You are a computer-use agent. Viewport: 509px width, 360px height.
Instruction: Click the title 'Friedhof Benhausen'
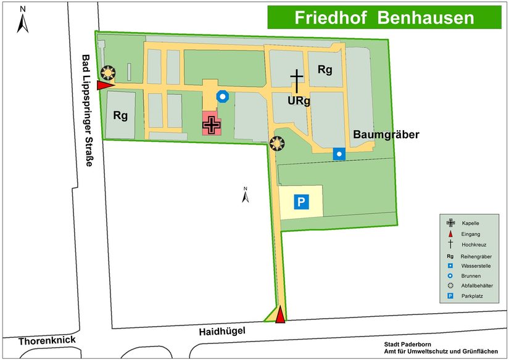tap(384, 17)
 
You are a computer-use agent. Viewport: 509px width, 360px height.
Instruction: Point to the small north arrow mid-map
tap(245, 195)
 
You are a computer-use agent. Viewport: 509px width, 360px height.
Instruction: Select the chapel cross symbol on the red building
tap(212, 125)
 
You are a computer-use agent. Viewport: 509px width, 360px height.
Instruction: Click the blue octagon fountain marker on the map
tap(223, 97)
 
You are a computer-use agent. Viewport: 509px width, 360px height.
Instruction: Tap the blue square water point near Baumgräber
tap(339, 154)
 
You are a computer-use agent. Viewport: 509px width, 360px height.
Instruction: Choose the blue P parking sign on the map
tap(301, 202)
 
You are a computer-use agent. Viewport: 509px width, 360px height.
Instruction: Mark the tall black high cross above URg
tap(297, 81)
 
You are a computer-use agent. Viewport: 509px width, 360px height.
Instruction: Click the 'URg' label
tap(298, 100)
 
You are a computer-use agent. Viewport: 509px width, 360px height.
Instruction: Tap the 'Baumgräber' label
tap(386, 134)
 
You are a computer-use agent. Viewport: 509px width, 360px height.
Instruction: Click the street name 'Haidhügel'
tap(221, 331)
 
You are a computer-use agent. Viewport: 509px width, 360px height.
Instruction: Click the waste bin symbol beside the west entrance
tap(109, 73)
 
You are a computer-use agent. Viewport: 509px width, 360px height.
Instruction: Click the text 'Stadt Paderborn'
tap(408, 344)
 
